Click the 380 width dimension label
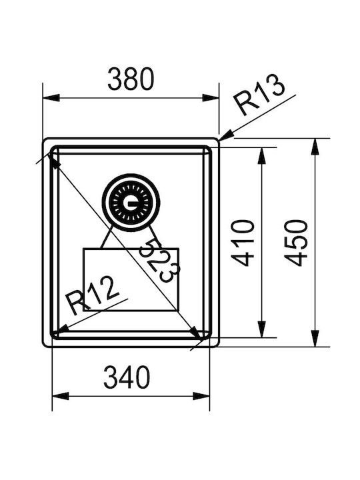click(x=131, y=79)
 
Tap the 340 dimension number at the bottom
click(x=127, y=377)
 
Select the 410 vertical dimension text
click(x=243, y=243)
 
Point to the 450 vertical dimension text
click(x=296, y=243)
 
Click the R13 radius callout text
click(x=259, y=95)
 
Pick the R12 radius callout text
click(x=93, y=295)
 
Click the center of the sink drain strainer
click(x=131, y=203)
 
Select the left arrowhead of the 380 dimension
click(x=51, y=98)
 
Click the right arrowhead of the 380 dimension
click(x=211, y=98)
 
